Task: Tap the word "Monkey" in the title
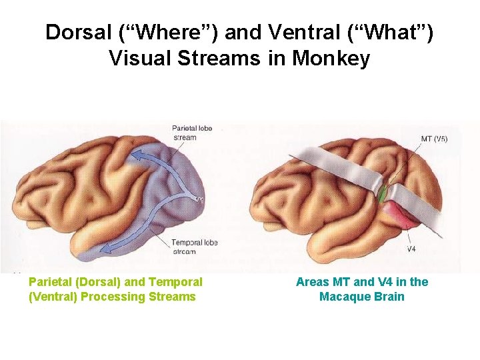331,59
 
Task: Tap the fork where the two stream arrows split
190,198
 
